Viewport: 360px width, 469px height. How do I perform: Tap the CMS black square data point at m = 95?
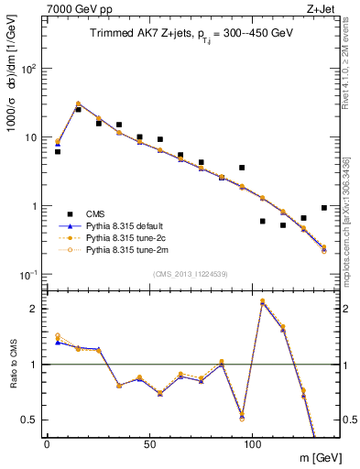[x=242, y=168]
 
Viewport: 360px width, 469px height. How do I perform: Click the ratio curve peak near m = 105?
[x=263, y=301]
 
